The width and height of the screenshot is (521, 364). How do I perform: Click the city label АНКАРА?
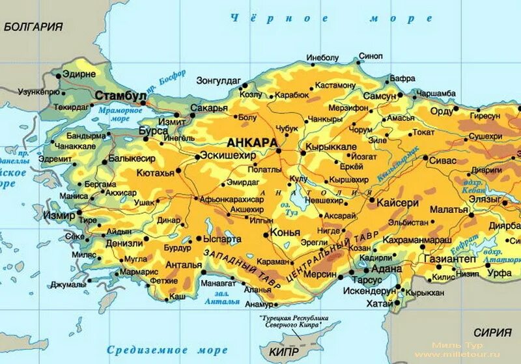coord(252,143)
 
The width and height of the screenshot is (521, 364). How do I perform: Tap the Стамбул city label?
coord(120,96)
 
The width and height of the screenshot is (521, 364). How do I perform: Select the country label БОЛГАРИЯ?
coord(33,27)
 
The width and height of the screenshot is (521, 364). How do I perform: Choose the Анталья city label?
coord(183,264)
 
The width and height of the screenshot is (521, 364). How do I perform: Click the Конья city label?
coord(286,232)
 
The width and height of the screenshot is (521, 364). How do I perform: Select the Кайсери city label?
coord(395,203)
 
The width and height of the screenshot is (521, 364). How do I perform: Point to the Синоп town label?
coord(371,56)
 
